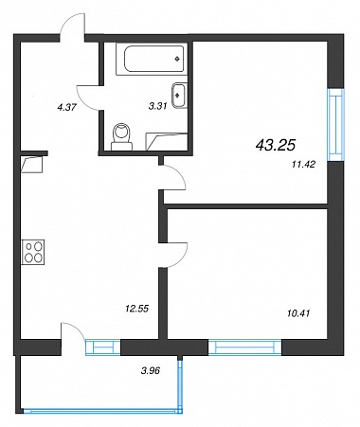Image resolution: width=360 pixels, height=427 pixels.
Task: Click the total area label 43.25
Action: pyautogui.click(x=275, y=145)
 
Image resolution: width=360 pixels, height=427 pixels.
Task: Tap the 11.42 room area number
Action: pyautogui.click(x=304, y=164)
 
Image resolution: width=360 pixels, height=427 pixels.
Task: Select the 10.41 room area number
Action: pyautogui.click(x=298, y=313)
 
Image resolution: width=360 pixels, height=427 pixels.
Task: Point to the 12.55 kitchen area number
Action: pyautogui.click(x=136, y=309)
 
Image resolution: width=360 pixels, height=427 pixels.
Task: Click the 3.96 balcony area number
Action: pyautogui.click(x=151, y=370)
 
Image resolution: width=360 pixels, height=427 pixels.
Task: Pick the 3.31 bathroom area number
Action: pyautogui.click(x=157, y=106)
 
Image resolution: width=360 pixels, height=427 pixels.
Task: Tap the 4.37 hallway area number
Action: pyautogui.click(x=66, y=107)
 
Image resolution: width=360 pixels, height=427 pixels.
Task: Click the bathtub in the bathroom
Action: pyautogui.click(x=152, y=59)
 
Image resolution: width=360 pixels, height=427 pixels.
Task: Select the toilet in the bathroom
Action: pyautogui.click(x=121, y=136)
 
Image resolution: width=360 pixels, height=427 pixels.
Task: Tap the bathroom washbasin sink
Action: pyautogui.click(x=180, y=96)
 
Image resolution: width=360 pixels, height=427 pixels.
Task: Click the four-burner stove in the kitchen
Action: pyautogui.click(x=33, y=252)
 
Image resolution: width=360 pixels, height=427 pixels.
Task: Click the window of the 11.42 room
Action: pyautogui.click(x=335, y=125)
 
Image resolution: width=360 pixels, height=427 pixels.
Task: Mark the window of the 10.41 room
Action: pyautogui.click(x=244, y=347)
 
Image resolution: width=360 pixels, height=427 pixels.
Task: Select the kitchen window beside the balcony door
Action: pyautogui.click(x=103, y=347)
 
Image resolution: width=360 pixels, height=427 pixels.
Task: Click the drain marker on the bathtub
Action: pyautogui.click(x=177, y=59)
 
